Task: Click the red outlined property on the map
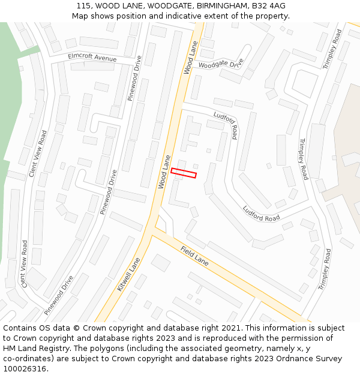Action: click(x=184, y=173)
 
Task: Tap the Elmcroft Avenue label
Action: click(x=92, y=58)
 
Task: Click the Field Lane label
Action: click(x=194, y=254)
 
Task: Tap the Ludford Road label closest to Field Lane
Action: click(x=261, y=214)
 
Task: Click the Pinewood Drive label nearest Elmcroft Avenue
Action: click(x=136, y=78)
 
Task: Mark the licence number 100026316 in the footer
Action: click(x=25, y=368)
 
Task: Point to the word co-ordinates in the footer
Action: click(x=27, y=359)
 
